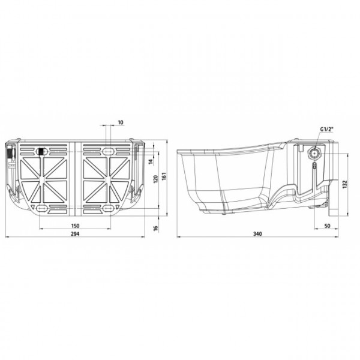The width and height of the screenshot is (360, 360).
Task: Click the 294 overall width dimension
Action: pos(75,234)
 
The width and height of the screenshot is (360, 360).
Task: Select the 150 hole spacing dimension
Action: pos(75,226)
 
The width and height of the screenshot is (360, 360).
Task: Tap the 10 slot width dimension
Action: pos(121,122)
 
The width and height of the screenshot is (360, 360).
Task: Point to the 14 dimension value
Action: pos(151,161)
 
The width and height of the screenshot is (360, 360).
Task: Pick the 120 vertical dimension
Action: pos(156,179)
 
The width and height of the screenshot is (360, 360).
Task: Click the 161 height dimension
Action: pos(164,176)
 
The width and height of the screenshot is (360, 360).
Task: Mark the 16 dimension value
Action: pos(156,228)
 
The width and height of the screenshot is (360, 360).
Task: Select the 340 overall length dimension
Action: pos(257,234)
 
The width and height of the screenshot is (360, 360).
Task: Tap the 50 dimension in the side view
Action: pos(328,226)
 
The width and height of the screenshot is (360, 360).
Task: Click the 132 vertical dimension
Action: pos(344,184)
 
